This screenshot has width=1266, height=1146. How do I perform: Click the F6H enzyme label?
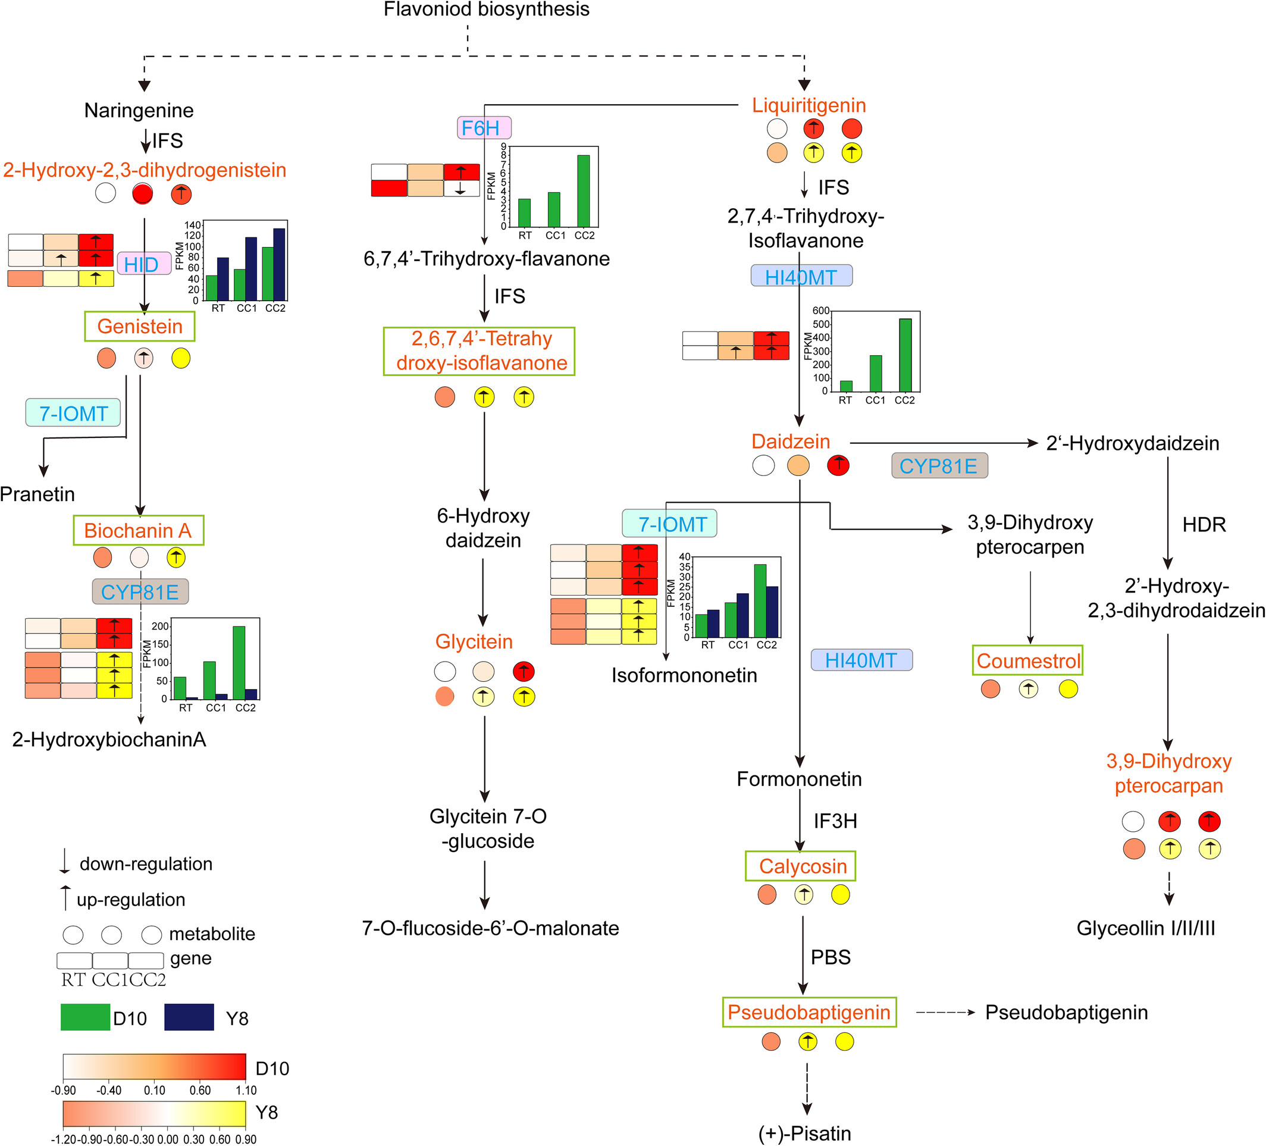click(x=484, y=128)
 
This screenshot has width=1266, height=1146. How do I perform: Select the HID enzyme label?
click(x=144, y=264)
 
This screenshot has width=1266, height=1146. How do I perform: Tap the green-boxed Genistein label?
click(x=140, y=327)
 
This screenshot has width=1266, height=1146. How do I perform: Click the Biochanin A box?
click(x=138, y=531)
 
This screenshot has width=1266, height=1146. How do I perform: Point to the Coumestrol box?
click(x=1028, y=660)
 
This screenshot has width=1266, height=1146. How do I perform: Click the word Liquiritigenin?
click(x=809, y=105)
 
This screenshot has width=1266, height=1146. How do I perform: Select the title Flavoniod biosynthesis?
click(x=487, y=9)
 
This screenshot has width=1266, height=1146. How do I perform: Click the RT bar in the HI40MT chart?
click(x=846, y=386)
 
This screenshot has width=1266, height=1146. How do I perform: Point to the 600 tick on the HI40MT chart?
click(x=821, y=310)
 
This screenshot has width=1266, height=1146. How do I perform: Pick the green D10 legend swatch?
click(x=86, y=1017)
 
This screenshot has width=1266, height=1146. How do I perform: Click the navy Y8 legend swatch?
click(x=189, y=1017)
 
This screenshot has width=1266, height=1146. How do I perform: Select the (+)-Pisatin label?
click(x=805, y=1134)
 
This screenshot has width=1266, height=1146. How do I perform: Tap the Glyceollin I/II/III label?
click(x=1146, y=928)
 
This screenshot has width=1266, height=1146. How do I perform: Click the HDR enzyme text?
click(x=1204, y=524)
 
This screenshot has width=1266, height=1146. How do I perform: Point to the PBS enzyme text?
click(x=831, y=957)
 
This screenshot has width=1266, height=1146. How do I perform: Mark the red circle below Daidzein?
click(x=838, y=465)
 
